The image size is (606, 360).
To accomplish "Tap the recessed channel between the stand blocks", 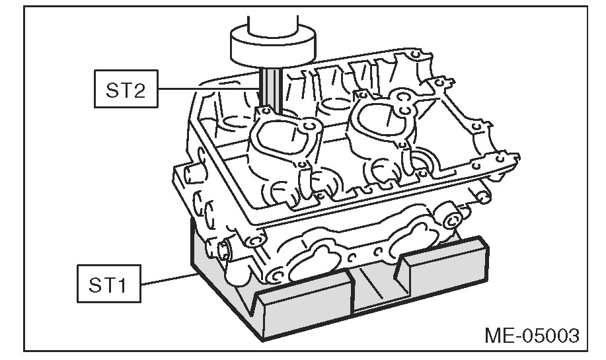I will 377,291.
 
